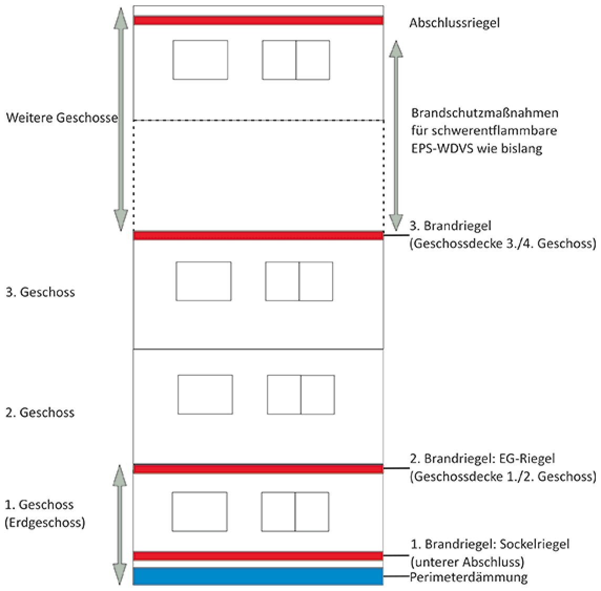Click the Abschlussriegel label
point(454,24)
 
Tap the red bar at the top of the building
point(258,20)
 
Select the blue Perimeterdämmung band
point(258,576)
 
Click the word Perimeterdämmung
point(469,577)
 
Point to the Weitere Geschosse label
point(61,118)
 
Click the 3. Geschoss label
point(40,292)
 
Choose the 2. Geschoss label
point(40,413)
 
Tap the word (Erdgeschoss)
point(45,523)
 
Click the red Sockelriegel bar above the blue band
point(258,556)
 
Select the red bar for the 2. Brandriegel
point(258,468)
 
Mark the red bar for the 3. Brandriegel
point(258,236)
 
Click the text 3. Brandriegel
point(450,226)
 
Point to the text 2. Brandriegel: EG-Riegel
point(482,459)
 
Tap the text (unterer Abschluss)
point(467,562)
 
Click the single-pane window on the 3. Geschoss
point(203,281)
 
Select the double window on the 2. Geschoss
point(301,395)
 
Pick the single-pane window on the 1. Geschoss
point(199,512)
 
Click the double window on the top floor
point(296,60)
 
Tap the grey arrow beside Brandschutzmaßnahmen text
point(396,135)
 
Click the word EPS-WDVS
point(441,148)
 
